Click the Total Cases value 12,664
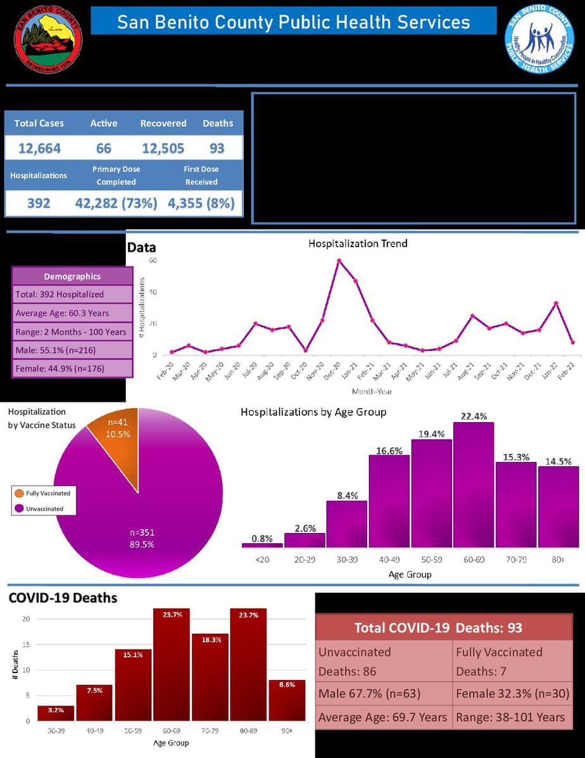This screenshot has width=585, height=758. [x=39, y=148]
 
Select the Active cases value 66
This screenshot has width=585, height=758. [x=104, y=148]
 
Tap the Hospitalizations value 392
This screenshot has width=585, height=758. [x=39, y=203]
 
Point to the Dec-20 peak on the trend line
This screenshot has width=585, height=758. [x=339, y=260]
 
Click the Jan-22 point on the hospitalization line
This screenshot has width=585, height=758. [x=556, y=304]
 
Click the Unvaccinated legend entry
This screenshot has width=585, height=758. [x=44, y=508]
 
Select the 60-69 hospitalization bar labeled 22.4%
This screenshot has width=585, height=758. [x=474, y=485]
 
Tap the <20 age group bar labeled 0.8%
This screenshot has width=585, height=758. [x=262, y=545]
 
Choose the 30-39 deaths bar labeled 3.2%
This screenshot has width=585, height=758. [x=56, y=714]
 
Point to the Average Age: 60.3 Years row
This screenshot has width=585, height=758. [x=72, y=312]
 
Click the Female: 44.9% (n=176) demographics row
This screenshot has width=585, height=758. [x=72, y=368]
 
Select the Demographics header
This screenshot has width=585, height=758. [x=72, y=276]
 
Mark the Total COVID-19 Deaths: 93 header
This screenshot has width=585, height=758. [x=438, y=627]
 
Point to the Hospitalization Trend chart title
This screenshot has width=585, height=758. [x=358, y=243]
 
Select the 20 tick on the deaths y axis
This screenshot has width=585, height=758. [x=26, y=619]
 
